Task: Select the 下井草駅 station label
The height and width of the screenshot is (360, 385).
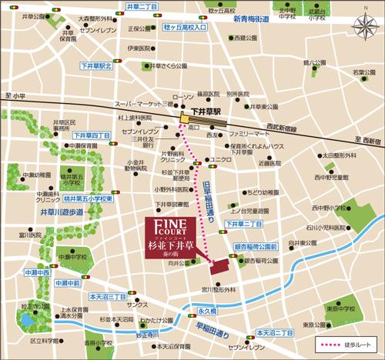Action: (206, 112)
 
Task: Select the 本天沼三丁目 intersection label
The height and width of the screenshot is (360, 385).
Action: (107, 295)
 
